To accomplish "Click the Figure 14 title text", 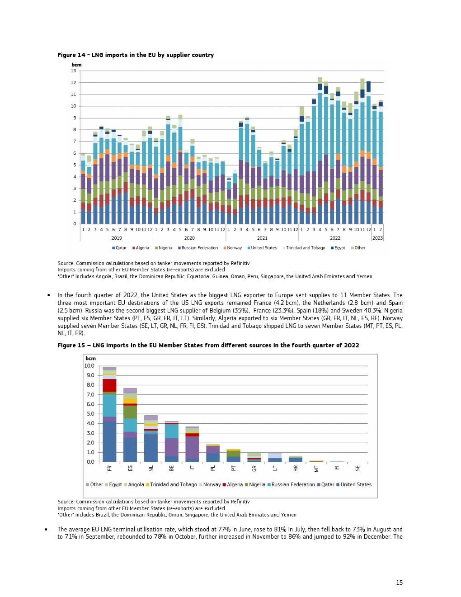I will [x=136, y=55].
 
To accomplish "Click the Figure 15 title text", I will [x=208, y=346].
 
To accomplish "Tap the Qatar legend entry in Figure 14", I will [x=119, y=248].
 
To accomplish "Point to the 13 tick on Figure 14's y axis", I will [x=74, y=71].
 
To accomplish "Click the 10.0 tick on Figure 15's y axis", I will [x=89, y=366].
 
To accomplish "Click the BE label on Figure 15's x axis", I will [x=172, y=469].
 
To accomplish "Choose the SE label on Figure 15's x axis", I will [x=358, y=469].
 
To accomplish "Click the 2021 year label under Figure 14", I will [x=262, y=238].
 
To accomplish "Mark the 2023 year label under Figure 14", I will [x=377, y=238].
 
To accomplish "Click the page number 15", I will [x=399, y=583].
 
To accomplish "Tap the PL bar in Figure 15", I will [x=213, y=454].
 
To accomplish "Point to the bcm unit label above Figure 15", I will [x=90, y=358].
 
